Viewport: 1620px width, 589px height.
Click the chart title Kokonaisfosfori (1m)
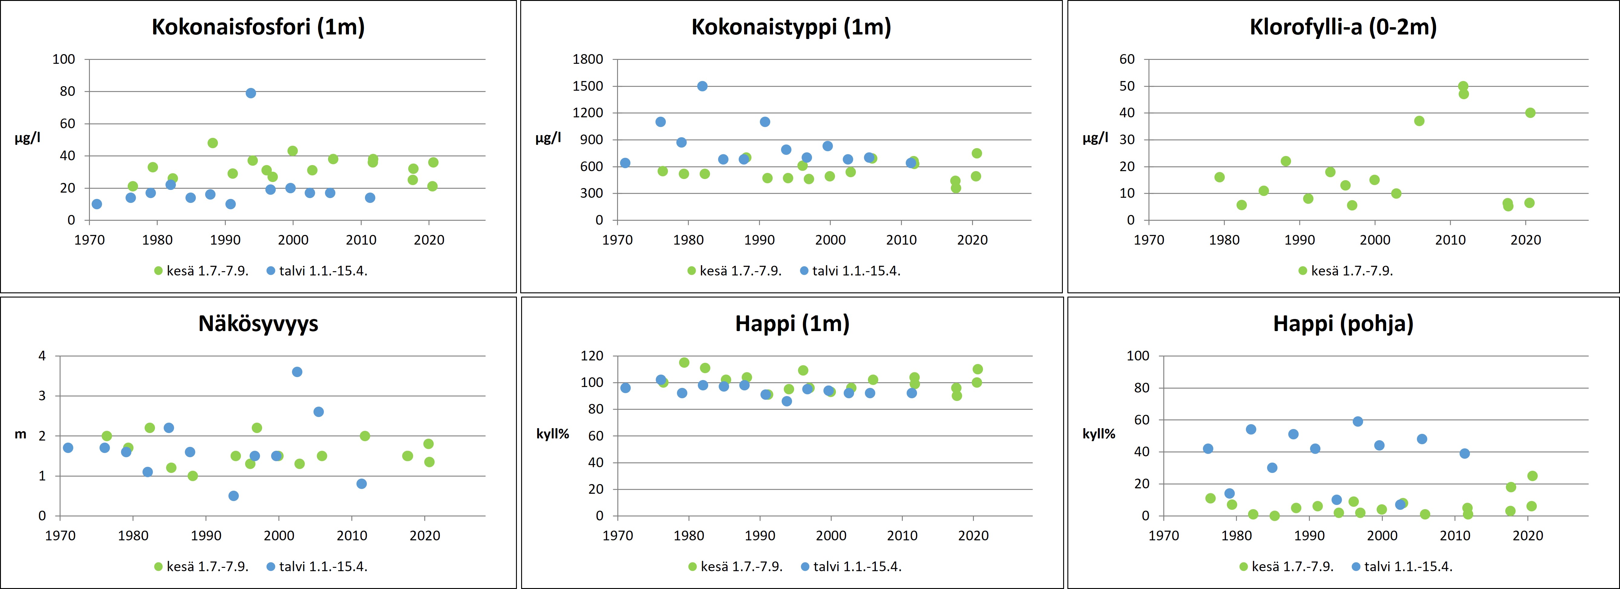pyautogui.click(x=258, y=27)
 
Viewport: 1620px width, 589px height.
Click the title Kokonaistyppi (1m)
pyautogui.click(x=791, y=27)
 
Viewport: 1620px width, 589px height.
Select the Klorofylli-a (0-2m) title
pyautogui.click(x=1343, y=27)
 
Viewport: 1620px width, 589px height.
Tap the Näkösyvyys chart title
pyautogui.click(x=258, y=324)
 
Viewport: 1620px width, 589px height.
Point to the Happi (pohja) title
pyautogui.click(x=1343, y=324)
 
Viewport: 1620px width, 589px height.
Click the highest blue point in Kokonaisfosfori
pyautogui.click(x=250, y=93)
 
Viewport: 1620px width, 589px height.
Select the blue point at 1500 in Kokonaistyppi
pyautogui.click(x=702, y=86)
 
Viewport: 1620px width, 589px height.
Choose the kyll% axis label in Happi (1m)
pyautogui.click(x=552, y=434)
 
